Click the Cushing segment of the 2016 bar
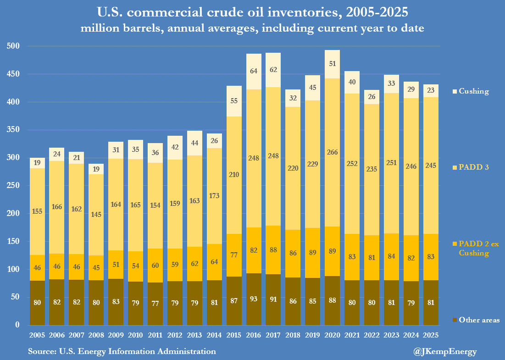(254, 72)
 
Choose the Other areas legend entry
(476, 320)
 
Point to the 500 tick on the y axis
(14, 46)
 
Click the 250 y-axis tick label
(14, 186)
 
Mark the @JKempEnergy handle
(445, 352)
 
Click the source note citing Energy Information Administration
(122, 352)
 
